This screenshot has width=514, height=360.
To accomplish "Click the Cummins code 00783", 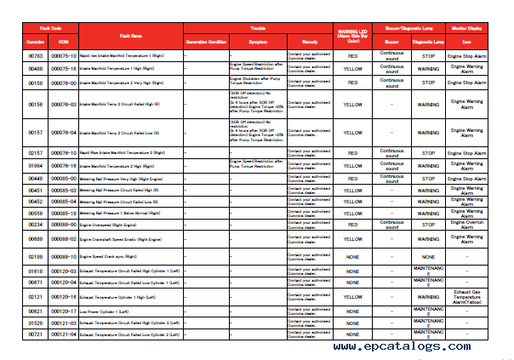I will click(36, 55).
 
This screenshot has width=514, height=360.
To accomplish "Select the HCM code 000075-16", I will click(65, 68).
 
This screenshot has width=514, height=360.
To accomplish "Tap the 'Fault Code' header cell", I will click(50, 28).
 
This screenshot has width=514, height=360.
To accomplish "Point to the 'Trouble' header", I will click(257, 28).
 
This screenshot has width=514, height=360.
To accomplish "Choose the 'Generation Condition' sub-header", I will click(206, 41).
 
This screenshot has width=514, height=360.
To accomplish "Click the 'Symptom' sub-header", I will click(257, 41).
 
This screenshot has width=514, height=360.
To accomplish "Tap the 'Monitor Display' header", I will click(468, 28).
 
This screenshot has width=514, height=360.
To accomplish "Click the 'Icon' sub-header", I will click(468, 41).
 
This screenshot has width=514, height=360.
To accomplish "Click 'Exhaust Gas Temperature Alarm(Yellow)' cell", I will click(468, 297).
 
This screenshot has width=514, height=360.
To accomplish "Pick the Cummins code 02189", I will click(36, 256).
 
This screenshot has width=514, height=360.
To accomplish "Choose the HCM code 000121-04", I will click(65, 334).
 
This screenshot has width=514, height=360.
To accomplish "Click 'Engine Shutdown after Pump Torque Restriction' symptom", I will click(256, 83).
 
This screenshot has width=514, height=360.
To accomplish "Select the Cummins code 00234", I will click(36, 224).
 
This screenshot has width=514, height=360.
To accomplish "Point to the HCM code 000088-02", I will click(65, 240).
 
